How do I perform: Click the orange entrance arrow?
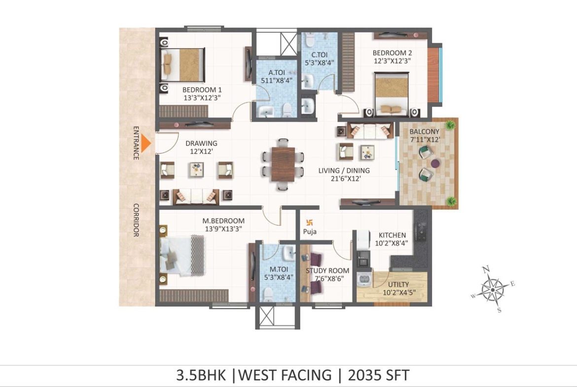pyautogui.click(x=146, y=143)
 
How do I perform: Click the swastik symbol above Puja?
pyautogui.click(x=309, y=222)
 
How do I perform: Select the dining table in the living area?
pyautogui.click(x=283, y=164)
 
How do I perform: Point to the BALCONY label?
pyautogui.click(x=424, y=132)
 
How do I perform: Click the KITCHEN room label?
pyautogui.click(x=392, y=235)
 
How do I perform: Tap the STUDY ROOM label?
pyautogui.click(x=327, y=270)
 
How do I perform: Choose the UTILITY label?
pyautogui.click(x=398, y=284)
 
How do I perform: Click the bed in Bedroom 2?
pyautogui.click(x=392, y=94)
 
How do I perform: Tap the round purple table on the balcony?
pyautogui.click(x=435, y=163)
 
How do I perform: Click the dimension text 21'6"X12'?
pyautogui.click(x=345, y=179)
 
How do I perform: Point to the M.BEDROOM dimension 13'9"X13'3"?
pyautogui.click(x=223, y=229)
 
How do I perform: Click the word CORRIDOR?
pyautogui.click(x=136, y=220)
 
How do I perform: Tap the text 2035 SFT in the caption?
pyautogui.click(x=378, y=375)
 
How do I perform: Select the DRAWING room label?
pyautogui.click(x=201, y=143)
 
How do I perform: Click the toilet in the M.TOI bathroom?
pyautogui.click(x=268, y=295)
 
